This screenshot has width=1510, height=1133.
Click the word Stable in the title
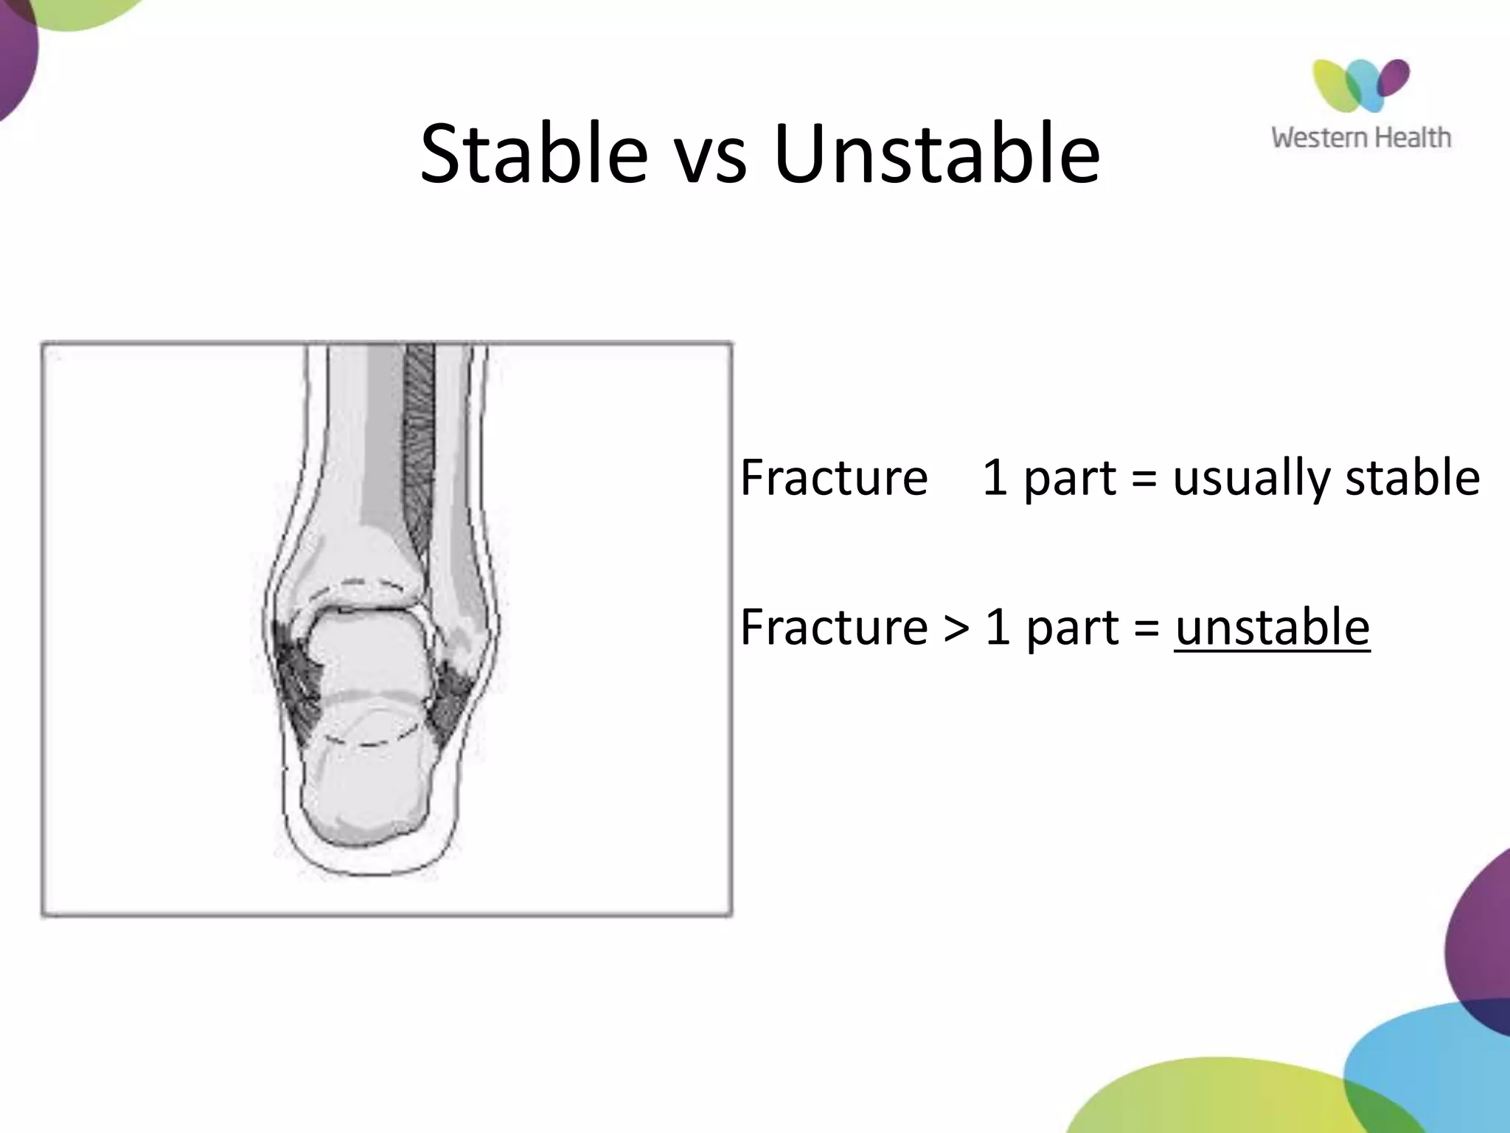[x=534, y=155]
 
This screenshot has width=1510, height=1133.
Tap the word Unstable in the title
[x=936, y=155]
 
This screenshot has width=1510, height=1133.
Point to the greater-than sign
[x=956, y=629]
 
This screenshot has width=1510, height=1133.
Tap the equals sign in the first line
[x=1144, y=479]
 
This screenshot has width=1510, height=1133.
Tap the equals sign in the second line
[x=1147, y=629]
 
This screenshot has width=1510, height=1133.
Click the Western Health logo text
[x=1360, y=138]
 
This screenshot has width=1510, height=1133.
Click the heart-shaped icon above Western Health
[x=1360, y=85]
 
